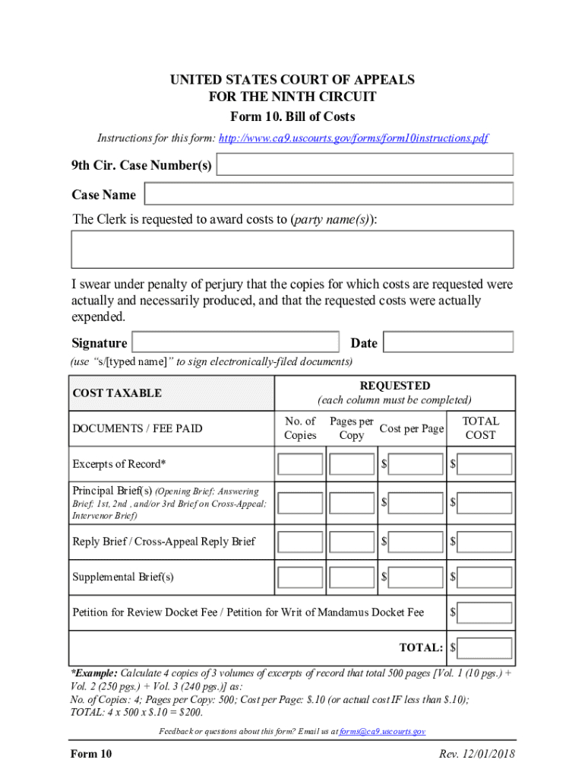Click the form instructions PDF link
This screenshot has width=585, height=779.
[353, 138]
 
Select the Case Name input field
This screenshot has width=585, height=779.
[329, 194]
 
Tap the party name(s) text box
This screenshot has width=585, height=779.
[292, 250]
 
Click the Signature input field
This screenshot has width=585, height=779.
[236, 342]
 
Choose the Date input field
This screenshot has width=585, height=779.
[447, 342]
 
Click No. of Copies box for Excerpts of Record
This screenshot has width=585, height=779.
[300, 464]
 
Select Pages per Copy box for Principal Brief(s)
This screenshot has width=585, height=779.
[352, 503]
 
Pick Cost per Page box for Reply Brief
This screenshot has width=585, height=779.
[416, 542]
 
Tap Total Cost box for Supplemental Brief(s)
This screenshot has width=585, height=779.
[485, 577]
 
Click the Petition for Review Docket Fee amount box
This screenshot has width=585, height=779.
[485, 612]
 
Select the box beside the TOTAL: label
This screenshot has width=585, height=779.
[485, 648]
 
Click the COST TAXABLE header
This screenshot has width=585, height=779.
[117, 393]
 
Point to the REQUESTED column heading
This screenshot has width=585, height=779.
[394, 386]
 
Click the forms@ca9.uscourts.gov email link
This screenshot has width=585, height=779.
[382, 731]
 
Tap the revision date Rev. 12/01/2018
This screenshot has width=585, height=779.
[477, 754]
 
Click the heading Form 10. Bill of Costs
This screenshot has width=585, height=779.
[292, 117]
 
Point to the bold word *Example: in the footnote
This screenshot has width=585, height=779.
[94, 673]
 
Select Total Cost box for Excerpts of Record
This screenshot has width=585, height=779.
[485, 464]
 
